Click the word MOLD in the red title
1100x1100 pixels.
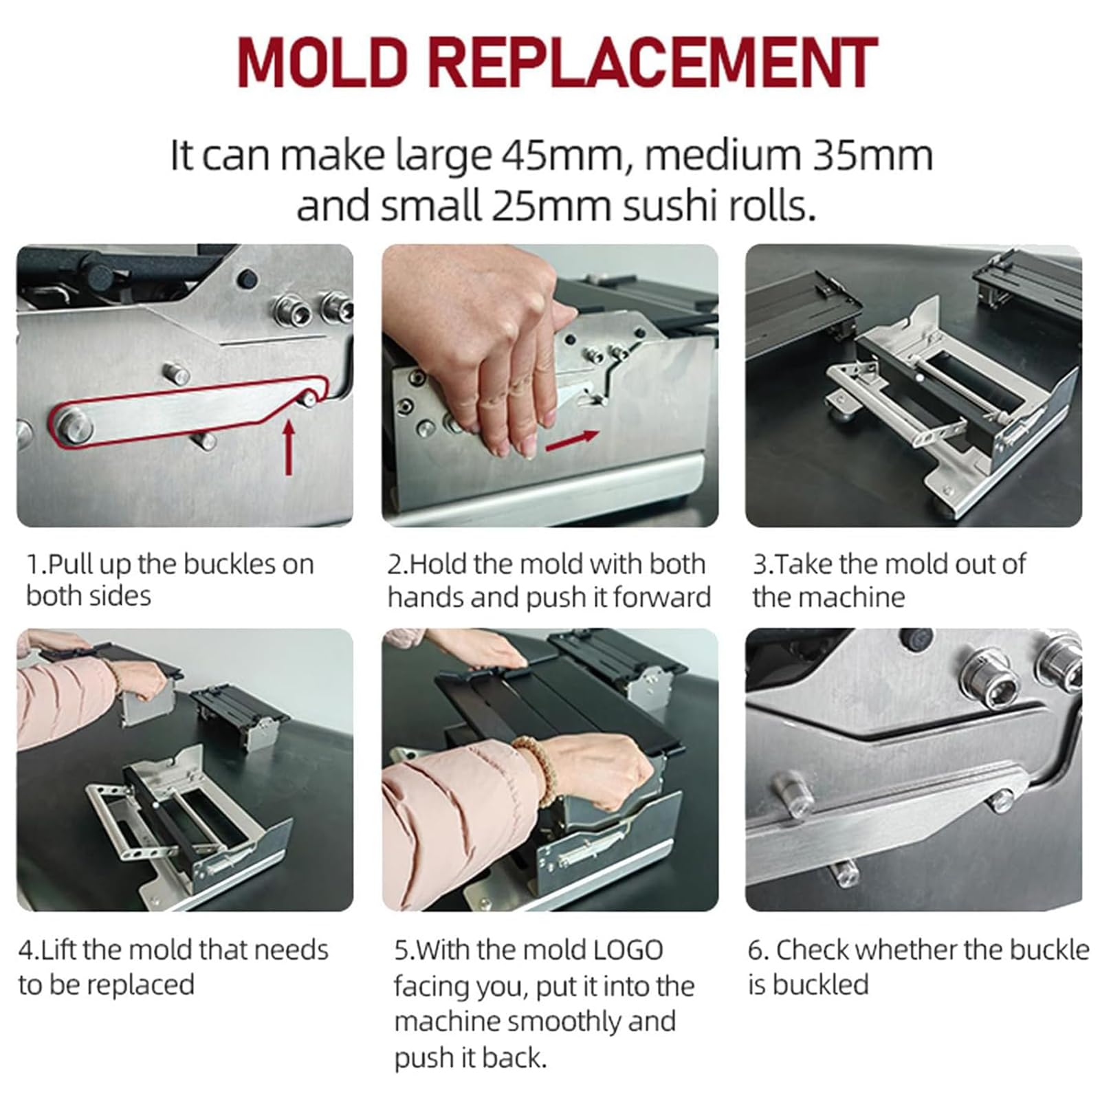click(323, 63)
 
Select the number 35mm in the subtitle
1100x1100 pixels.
click(873, 156)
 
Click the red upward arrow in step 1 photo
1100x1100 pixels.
click(289, 447)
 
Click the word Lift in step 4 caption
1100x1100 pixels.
click(58, 950)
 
